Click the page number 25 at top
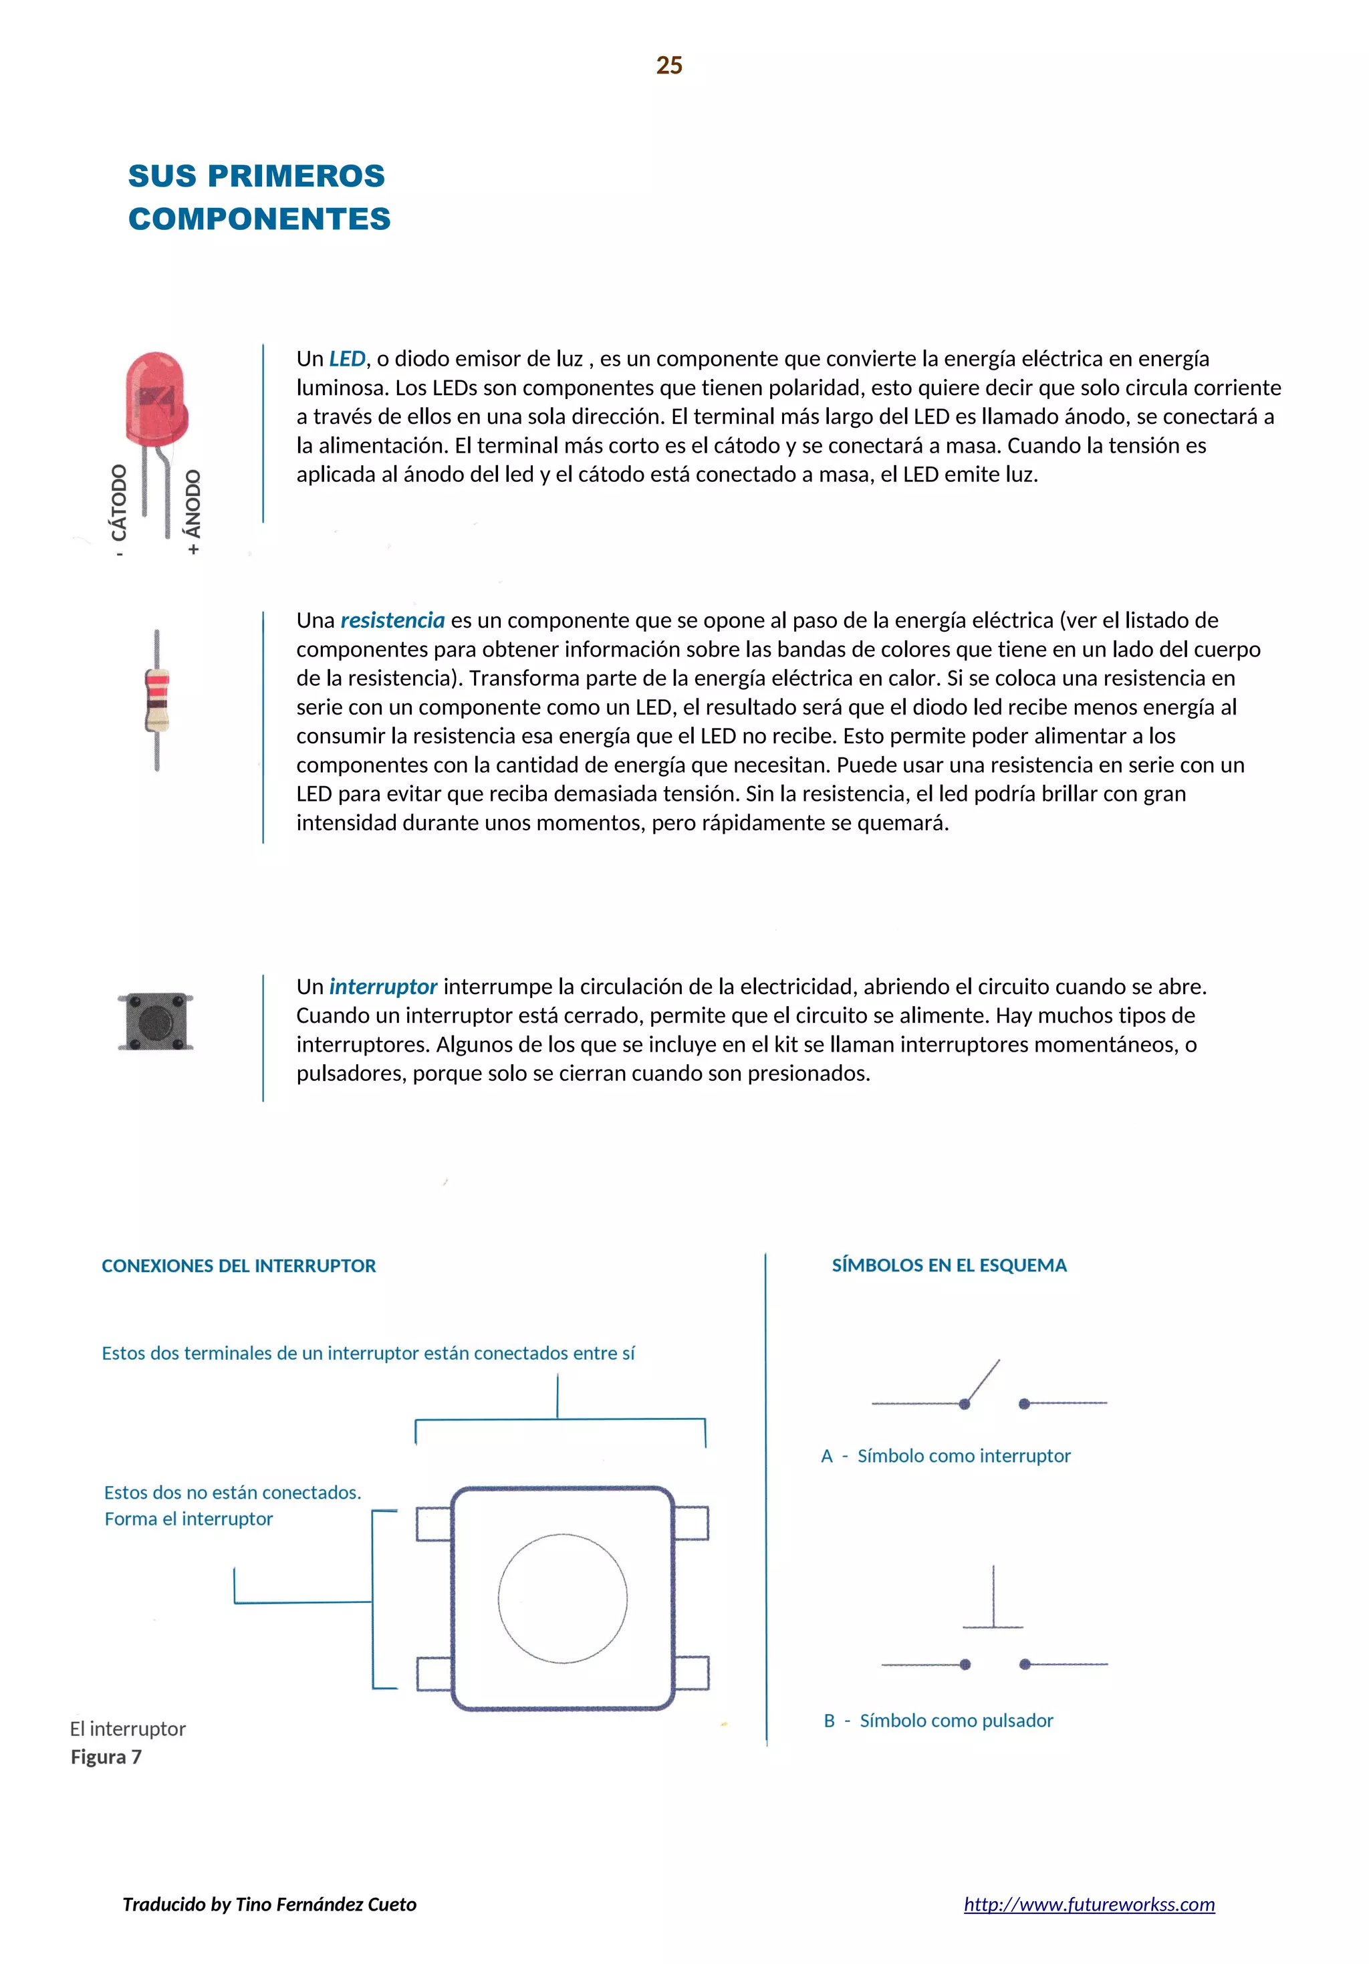coord(668,66)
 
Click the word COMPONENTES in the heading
coord(259,219)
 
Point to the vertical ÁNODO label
coord(193,505)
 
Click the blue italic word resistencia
coord(392,620)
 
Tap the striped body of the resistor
coord(156,701)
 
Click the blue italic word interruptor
coord(383,986)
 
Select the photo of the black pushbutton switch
coord(156,1021)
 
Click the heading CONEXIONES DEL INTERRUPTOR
coord(239,1266)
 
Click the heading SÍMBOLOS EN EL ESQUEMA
coord(949,1265)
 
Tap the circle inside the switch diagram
coord(562,1598)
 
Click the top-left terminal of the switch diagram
coord(433,1523)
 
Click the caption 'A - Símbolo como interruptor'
coord(945,1456)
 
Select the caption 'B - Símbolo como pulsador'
coord(939,1720)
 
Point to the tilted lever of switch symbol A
coord(983,1380)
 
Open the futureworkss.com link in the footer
coord(1089,1904)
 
